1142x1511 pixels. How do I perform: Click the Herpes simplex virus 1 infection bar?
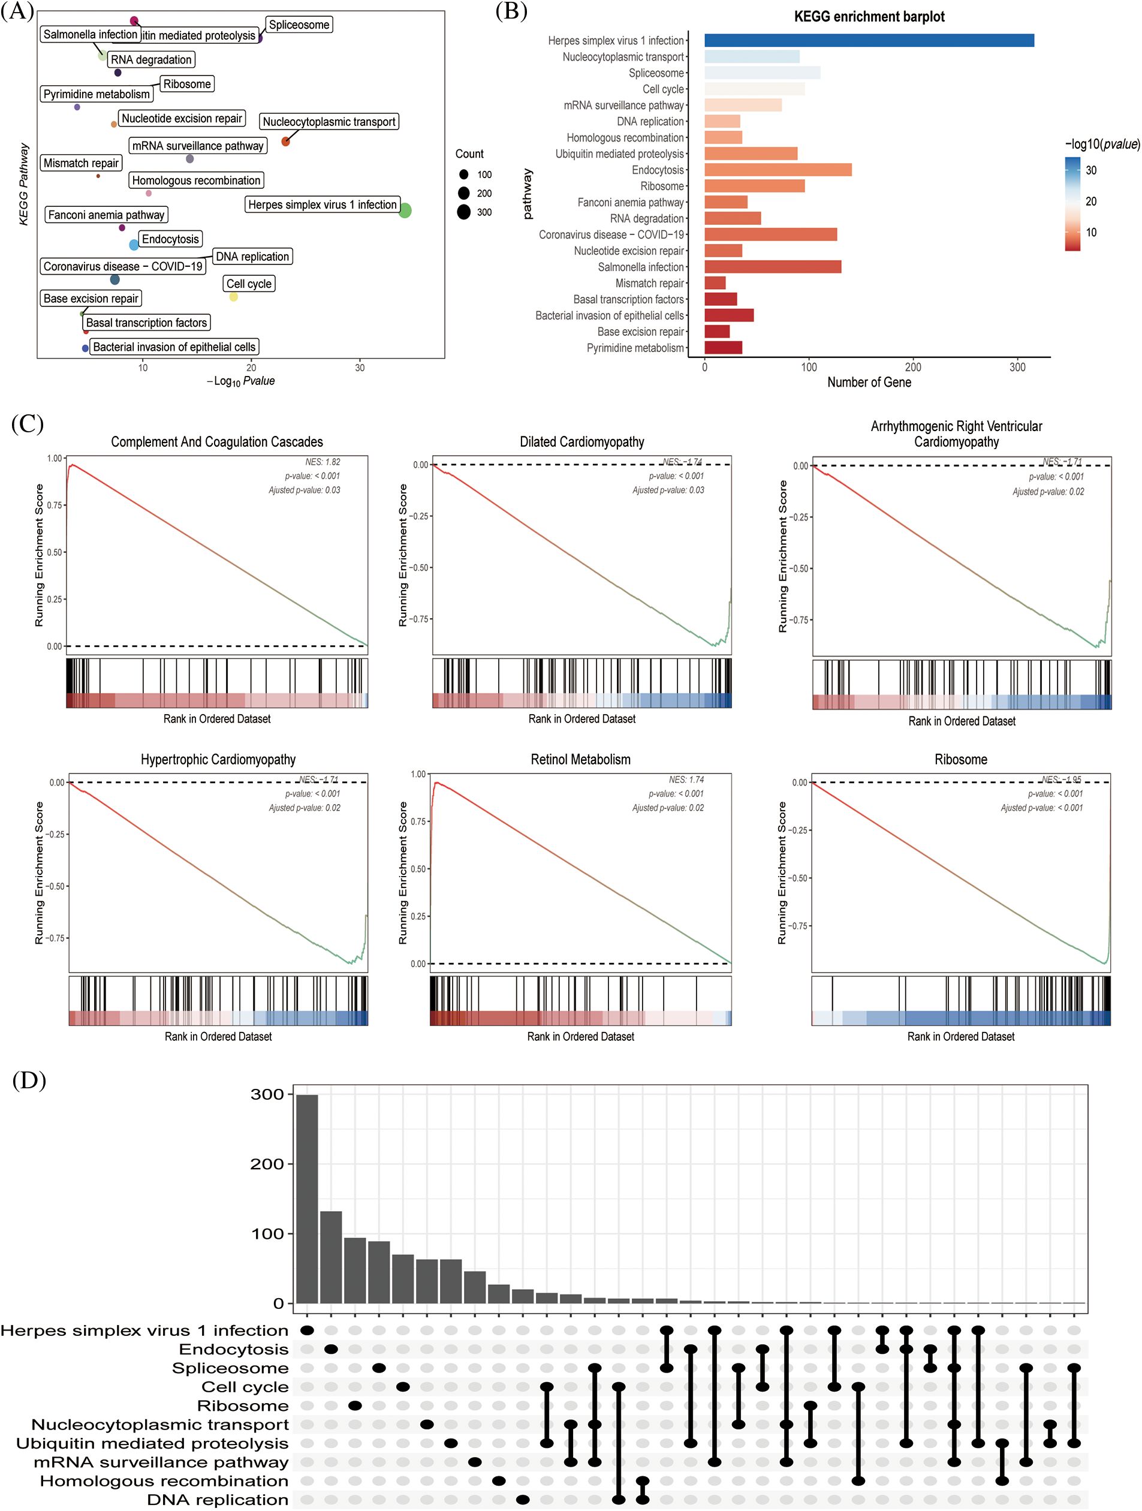point(869,40)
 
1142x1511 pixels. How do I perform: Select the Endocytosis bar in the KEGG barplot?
point(778,170)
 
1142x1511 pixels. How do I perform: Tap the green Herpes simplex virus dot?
point(405,210)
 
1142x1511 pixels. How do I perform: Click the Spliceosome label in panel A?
point(299,25)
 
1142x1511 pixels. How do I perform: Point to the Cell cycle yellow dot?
point(234,296)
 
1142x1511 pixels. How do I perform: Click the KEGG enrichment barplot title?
point(869,16)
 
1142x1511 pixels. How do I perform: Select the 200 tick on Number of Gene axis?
point(912,368)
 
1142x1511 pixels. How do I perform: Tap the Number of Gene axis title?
point(869,383)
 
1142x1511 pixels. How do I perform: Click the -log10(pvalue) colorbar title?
point(1102,144)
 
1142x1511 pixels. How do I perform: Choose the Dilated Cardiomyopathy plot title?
point(582,442)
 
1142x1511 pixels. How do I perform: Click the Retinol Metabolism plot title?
point(580,760)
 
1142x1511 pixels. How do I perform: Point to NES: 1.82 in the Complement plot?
point(323,462)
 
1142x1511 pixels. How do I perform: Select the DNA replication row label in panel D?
point(217,1500)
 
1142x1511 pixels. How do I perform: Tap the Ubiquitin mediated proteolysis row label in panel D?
point(152,1443)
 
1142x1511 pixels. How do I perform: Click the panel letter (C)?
point(28,423)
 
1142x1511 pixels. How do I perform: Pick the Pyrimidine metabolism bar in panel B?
point(724,348)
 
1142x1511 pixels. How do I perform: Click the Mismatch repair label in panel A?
point(80,163)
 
